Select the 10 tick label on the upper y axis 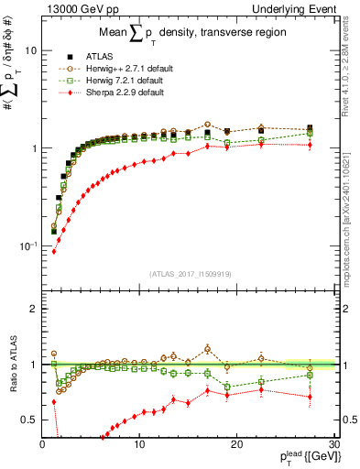(29, 51)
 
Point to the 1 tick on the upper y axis (34, 148)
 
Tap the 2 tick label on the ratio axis (34, 309)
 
